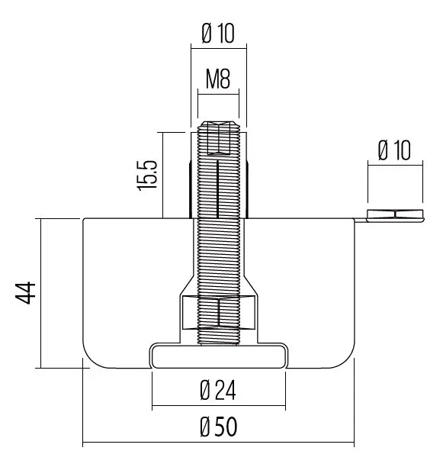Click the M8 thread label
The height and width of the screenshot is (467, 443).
218,79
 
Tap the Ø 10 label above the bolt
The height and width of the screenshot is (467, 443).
218,33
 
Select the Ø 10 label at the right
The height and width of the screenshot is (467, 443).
394,150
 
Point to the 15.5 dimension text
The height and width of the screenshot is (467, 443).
146,176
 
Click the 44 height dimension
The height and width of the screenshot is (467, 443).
26,293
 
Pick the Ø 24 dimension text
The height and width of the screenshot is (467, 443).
218,390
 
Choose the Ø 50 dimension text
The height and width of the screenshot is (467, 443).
219,427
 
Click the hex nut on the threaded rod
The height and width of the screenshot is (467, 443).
219,312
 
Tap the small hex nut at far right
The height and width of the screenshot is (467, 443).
395,214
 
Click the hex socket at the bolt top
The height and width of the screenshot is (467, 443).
219,138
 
